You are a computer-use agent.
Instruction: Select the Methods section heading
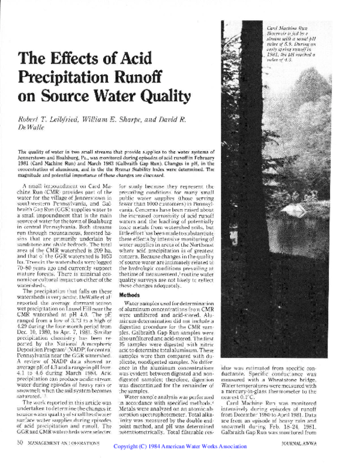pyautogui.click(x=130, y=295)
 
